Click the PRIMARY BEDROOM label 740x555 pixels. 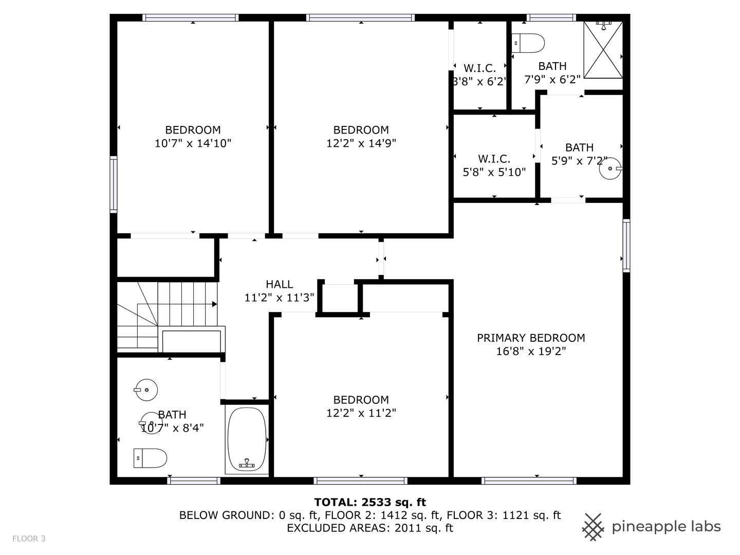531,338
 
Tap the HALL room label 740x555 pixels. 279,284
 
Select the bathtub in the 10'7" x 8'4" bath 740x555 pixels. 247,439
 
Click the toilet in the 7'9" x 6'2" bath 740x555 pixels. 528,43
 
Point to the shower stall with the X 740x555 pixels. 603,50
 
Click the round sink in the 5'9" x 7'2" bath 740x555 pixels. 610,169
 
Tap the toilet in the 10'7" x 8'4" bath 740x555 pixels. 151,458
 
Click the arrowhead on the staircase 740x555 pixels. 214,304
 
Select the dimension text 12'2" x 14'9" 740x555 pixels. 361,143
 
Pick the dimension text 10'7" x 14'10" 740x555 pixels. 193,143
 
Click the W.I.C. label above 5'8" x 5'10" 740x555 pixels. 494,159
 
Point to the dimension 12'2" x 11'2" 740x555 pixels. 361,413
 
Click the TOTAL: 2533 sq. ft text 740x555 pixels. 370,502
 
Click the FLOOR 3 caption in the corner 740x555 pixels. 29,539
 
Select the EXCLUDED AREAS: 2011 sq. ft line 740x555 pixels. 370,528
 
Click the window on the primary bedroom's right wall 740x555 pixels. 626,246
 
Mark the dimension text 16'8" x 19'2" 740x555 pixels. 531,351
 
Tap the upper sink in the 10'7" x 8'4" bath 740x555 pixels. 146,390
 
